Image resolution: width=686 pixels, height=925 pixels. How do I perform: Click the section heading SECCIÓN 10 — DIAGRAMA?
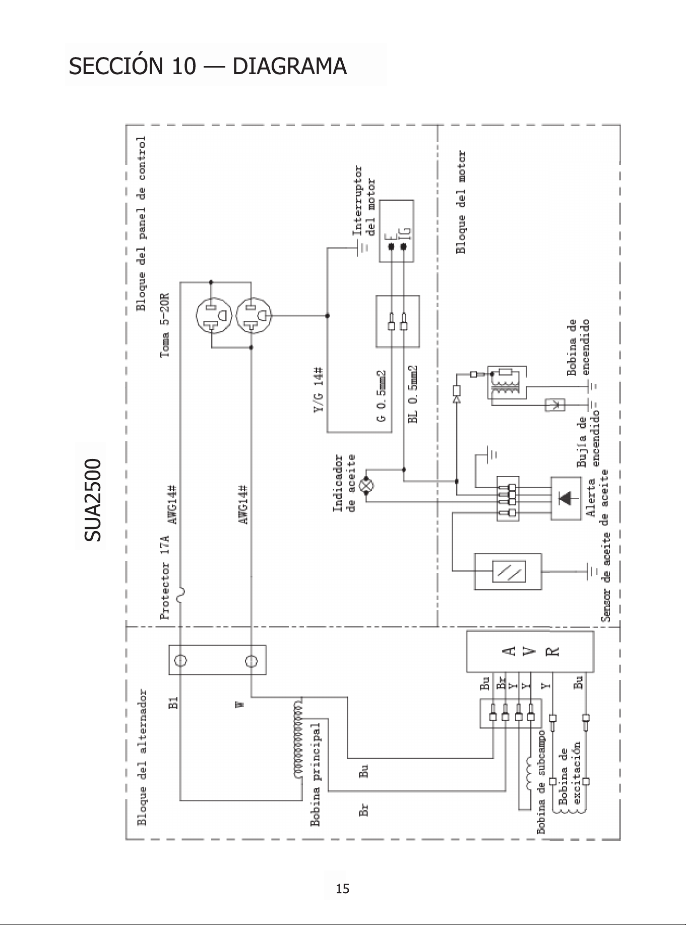pyautogui.click(x=208, y=66)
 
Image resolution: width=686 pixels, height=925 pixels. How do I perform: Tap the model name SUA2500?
pyautogui.click(x=93, y=500)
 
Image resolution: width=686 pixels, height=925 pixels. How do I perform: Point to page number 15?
pyautogui.click(x=343, y=889)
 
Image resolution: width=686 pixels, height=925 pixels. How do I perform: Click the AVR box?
pyautogui.click(x=530, y=652)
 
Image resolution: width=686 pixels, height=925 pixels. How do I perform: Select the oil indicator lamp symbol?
pyautogui.click(x=366, y=485)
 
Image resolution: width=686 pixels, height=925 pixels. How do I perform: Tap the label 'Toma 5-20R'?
pyautogui.click(x=164, y=326)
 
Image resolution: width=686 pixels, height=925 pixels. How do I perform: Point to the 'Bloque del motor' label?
pyautogui.click(x=460, y=202)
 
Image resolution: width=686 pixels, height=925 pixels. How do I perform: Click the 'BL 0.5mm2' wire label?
pyautogui.click(x=413, y=394)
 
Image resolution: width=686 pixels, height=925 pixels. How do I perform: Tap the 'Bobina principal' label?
pyautogui.click(x=316, y=774)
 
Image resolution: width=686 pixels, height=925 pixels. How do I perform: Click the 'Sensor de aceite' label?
pyautogui.click(x=606, y=576)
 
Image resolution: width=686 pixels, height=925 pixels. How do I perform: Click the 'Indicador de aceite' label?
pyautogui.click(x=344, y=483)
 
